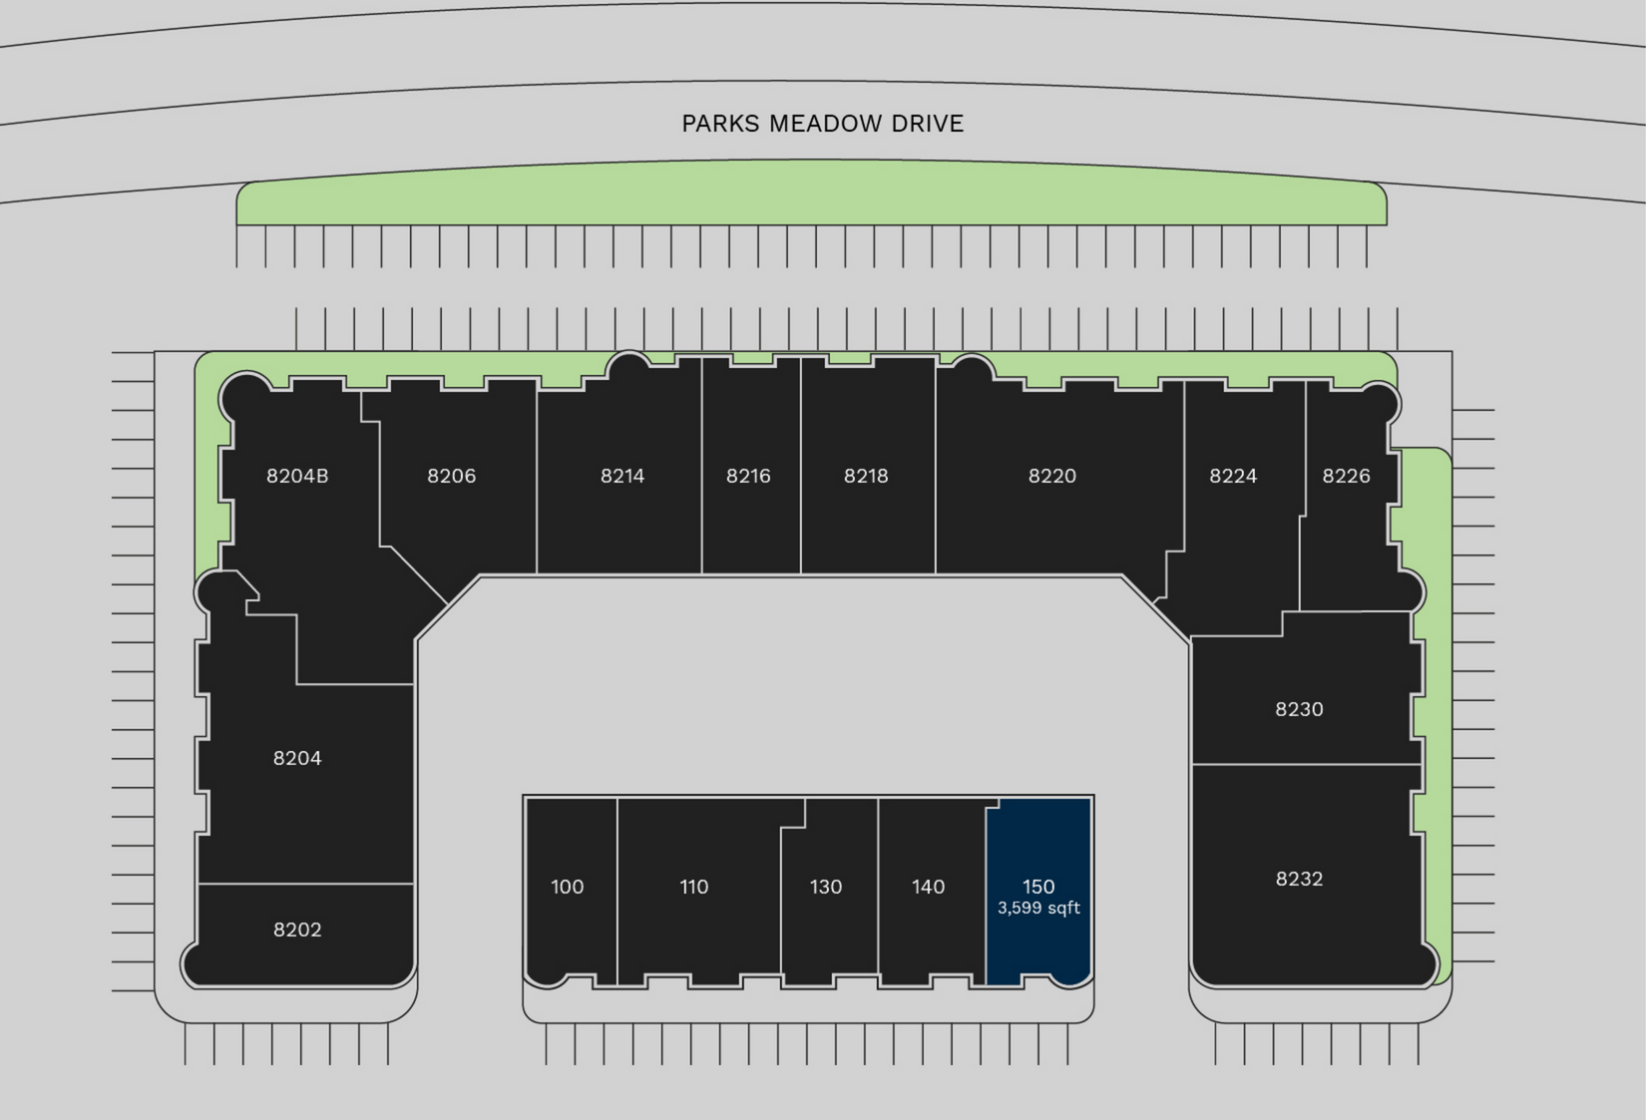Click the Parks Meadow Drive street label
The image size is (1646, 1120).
pos(822,124)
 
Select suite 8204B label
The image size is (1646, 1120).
pos(297,476)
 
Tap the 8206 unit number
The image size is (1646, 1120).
pos(451,476)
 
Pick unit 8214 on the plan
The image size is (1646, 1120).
pos(621,476)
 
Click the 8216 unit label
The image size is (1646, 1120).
pos(748,476)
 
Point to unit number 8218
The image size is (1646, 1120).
pos(865,476)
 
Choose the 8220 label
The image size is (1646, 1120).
pos(1051,476)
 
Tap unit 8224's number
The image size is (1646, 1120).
pos(1232,476)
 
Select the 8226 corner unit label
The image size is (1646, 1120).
pos(1346,476)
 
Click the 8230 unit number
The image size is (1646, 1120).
pos(1299,709)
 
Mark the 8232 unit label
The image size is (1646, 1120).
pos(1299,879)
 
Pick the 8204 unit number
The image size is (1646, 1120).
pos(297,758)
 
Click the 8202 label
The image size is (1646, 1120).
pos(297,930)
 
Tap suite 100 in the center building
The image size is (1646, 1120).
pos(567,887)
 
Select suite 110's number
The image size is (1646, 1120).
pos(693,887)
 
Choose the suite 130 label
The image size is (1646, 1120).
pos(825,887)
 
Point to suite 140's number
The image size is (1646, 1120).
pos(928,887)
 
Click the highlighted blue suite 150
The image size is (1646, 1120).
pos(1038,886)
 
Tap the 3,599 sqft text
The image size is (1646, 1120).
pos(1038,909)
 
